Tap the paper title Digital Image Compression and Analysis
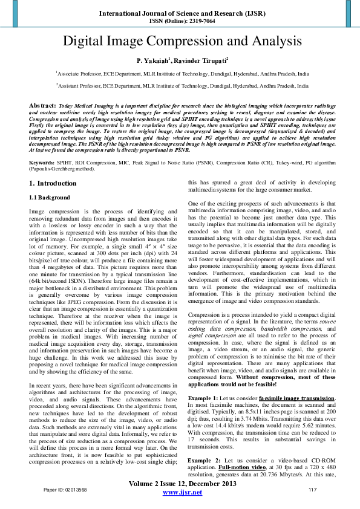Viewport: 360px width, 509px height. click(x=180, y=42)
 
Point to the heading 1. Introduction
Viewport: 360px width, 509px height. click(x=53, y=183)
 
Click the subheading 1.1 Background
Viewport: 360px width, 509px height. click(x=51, y=198)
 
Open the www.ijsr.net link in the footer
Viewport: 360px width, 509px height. click(x=183, y=493)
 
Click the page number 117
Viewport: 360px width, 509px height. click(x=313, y=490)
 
